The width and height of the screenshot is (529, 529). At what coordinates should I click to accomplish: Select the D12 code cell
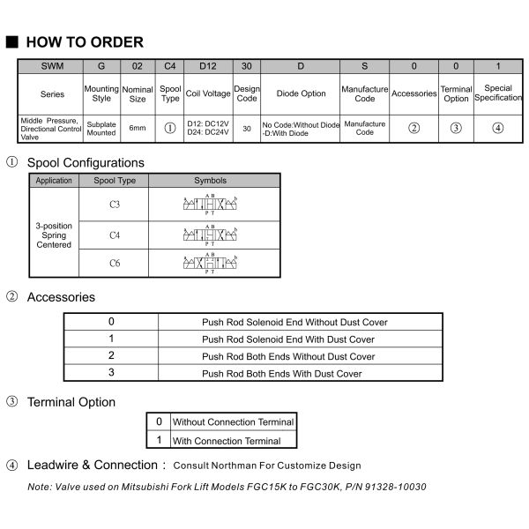(209, 65)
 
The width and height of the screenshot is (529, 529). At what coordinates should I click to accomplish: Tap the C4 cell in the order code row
(170, 65)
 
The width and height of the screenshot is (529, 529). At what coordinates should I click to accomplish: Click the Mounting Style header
(101, 93)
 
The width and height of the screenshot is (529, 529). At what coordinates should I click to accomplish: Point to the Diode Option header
(301, 93)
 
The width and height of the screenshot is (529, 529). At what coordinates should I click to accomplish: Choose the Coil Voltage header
(209, 93)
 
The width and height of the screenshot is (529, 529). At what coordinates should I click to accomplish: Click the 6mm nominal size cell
(137, 127)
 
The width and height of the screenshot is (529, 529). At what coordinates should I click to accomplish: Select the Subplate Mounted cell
(101, 127)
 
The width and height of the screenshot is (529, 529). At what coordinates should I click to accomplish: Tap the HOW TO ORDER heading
(85, 42)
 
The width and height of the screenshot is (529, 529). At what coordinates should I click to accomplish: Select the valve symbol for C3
(214, 205)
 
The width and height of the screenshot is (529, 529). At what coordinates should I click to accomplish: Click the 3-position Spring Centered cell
(54, 235)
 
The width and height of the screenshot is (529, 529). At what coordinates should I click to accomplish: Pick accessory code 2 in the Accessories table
(111, 355)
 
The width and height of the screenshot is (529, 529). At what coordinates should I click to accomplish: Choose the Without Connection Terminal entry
(227, 422)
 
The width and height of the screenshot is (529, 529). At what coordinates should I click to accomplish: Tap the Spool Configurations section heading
(86, 163)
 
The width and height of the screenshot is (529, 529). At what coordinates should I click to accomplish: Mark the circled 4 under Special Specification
(498, 127)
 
